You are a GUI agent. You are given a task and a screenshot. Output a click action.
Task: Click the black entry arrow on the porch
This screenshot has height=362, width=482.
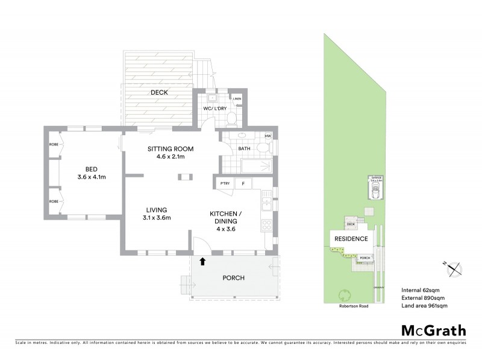(x=202, y=261)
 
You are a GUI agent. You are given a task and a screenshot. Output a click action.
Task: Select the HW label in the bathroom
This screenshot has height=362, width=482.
(x=268, y=137)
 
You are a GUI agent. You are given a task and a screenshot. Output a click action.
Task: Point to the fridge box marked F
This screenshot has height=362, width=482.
(x=243, y=183)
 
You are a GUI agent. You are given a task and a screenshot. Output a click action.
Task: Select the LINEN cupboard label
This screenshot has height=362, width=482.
(x=237, y=98)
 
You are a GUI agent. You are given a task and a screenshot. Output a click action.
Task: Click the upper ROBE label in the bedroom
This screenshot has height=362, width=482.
(x=53, y=145)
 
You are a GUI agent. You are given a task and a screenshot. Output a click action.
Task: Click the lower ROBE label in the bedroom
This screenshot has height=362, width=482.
(x=53, y=201)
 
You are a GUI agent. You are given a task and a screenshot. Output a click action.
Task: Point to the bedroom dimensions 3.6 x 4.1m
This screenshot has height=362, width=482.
(x=92, y=177)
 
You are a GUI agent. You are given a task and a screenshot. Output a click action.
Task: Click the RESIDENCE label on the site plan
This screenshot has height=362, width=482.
(x=351, y=239)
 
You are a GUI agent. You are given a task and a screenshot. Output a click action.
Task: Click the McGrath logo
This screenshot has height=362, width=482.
(x=433, y=330)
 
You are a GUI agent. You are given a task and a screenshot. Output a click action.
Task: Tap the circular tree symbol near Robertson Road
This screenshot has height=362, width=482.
(x=345, y=295)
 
